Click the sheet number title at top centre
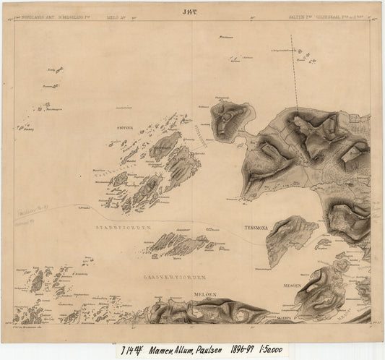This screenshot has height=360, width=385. [191, 10]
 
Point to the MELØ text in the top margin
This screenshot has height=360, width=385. [113, 15]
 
